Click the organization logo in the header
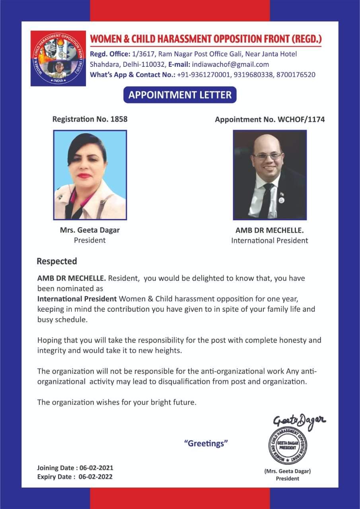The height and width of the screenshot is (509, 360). point(58,58)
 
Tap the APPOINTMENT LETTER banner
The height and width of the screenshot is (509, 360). point(180,95)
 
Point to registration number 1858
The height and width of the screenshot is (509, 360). point(119,119)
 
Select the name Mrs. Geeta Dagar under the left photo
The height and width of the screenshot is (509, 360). point(90,230)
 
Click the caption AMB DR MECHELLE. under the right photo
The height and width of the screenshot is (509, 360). point(270,231)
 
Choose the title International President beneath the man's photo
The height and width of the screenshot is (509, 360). point(270,241)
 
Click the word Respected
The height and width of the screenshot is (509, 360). point(57,261)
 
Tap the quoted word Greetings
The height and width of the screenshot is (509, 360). point(206,443)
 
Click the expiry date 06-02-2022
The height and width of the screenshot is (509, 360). point(95,476)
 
